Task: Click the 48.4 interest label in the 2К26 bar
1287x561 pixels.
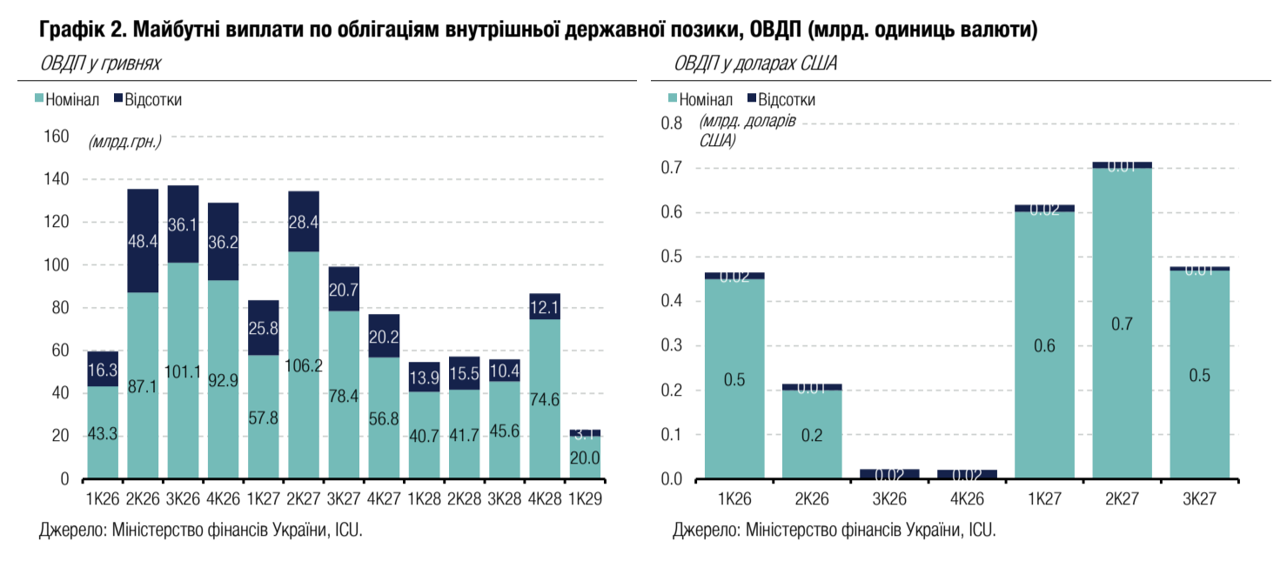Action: click(x=143, y=241)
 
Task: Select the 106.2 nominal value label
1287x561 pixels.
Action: click(x=304, y=366)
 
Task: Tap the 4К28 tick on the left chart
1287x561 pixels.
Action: click(x=545, y=500)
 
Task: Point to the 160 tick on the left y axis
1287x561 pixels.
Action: click(x=56, y=137)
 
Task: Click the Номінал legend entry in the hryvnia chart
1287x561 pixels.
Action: click(x=70, y=99)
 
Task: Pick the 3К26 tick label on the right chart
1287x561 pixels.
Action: click(x=890, y=500)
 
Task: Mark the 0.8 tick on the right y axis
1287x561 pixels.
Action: click(x=672, y=124)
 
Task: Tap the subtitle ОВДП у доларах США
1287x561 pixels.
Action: click(x=755, y=63)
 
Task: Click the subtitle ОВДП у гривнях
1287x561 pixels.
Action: click(x=99, y=63)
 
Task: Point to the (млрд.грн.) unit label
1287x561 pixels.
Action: click(x=124, y=141)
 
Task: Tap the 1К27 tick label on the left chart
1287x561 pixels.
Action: click(x=264, y=500)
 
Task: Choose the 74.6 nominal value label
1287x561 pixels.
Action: click(x=545, y=400)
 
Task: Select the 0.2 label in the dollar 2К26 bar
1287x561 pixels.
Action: click(x=811, y=435)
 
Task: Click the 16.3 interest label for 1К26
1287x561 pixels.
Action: click(x=103, y=369)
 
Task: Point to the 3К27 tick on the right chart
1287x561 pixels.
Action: click(x=1200, y=500)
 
